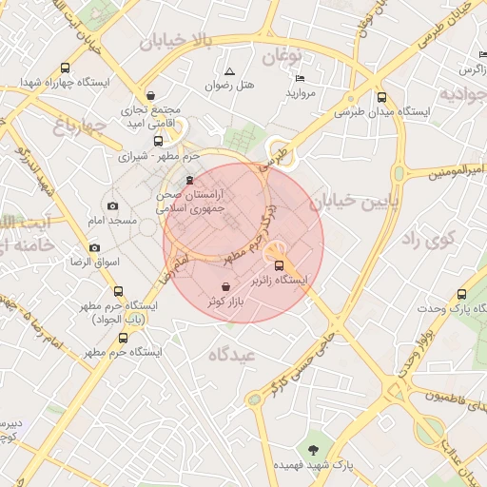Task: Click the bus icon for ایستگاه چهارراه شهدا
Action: (x=65, y=68)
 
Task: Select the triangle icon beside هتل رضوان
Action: (x=229, y=71)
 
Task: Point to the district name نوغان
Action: (x=282, y=57)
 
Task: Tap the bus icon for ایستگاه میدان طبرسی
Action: (x=382, y=97)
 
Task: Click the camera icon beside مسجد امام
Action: (x=113, y=206)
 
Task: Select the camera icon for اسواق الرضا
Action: (x=94, y=248)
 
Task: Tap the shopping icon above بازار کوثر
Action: (x=224, y=286)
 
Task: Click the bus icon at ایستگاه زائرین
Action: (x=280, y=266)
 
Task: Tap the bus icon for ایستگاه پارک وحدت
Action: (x=462, y=295)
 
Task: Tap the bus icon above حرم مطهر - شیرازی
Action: (x=158, y=141)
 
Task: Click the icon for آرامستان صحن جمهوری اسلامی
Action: (x=189, y=181)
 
